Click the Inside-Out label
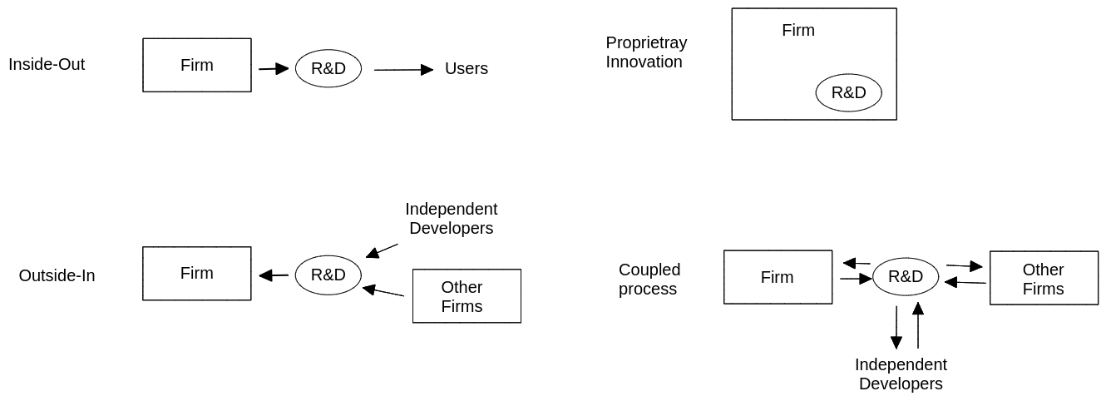coord(47,64)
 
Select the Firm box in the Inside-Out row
coord(197,65)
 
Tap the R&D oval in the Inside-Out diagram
coord(328,68)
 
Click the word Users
coord(466,68)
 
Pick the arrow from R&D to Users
coord(403,70)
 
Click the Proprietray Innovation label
coord(646,52)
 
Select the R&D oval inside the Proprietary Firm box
coord(848,92)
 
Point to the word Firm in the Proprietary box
coord(798,30)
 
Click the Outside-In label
coord(57,275)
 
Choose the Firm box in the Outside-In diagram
coord(197,273)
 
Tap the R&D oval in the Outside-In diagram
coord(328,275)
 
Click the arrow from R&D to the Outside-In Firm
coord(274,275)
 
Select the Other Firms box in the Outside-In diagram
coord(467,296)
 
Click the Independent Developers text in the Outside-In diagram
coord(451,218)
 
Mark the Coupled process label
coord(649,279)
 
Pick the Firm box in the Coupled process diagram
coord(778,277)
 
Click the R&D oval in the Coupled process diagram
coord(906,276)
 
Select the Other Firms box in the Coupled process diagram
coord(1044,279)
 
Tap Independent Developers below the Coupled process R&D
coord(901,374)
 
